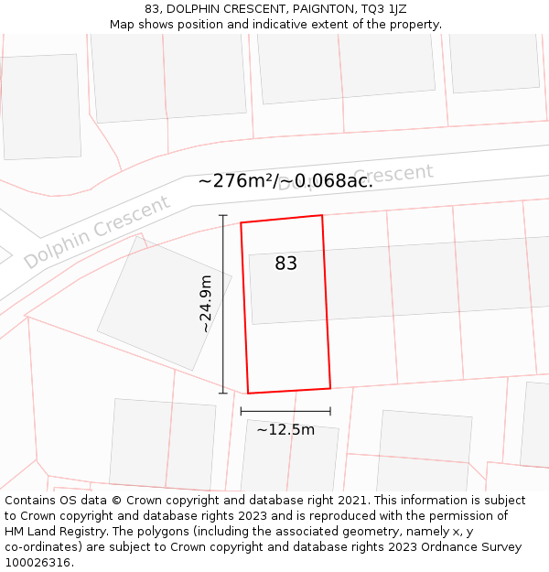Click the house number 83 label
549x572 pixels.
coord(285,264)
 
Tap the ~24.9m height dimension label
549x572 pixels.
coord(206,303)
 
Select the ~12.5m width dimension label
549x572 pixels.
coord(285,429)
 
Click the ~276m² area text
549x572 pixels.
coord(236,180)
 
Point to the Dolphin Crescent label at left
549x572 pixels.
coord(96,231)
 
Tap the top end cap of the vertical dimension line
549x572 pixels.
coord(222,215)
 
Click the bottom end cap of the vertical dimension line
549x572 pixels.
coord(222,394)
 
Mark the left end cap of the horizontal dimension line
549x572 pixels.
coord(241,412)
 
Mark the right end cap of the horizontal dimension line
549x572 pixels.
coord(330,412)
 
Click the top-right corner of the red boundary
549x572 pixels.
coord(322,215)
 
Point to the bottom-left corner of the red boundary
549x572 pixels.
coord(248,394)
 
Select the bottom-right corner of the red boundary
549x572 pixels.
coord(330,388)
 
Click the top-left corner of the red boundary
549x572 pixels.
coord(241,222)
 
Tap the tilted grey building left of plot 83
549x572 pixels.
coord(164,303)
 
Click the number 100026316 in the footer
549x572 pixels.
coord(38,563)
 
